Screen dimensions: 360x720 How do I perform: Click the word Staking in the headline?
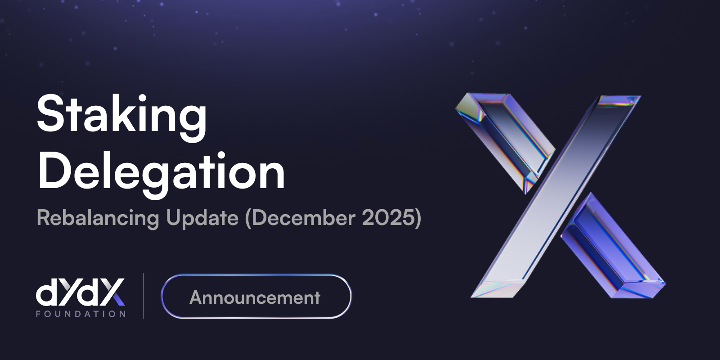(121, 115)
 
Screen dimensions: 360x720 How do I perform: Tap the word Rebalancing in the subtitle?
(98, 218)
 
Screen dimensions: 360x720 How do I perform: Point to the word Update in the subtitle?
(202, 218)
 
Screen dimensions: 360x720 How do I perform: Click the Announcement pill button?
(256, 297)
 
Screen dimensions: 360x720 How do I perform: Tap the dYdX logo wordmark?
(80, 292)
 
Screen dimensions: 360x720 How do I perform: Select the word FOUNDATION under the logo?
(81, 314)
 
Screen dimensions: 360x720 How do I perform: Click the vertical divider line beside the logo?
(144, 296)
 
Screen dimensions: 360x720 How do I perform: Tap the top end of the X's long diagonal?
(619, 101)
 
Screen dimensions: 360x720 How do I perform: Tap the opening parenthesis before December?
(248, 219)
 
